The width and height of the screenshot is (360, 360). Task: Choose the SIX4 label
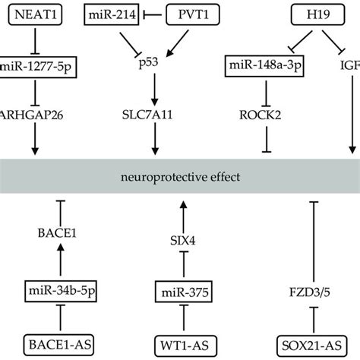click(180, 240)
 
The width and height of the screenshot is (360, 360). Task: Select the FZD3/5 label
click(313, 289)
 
